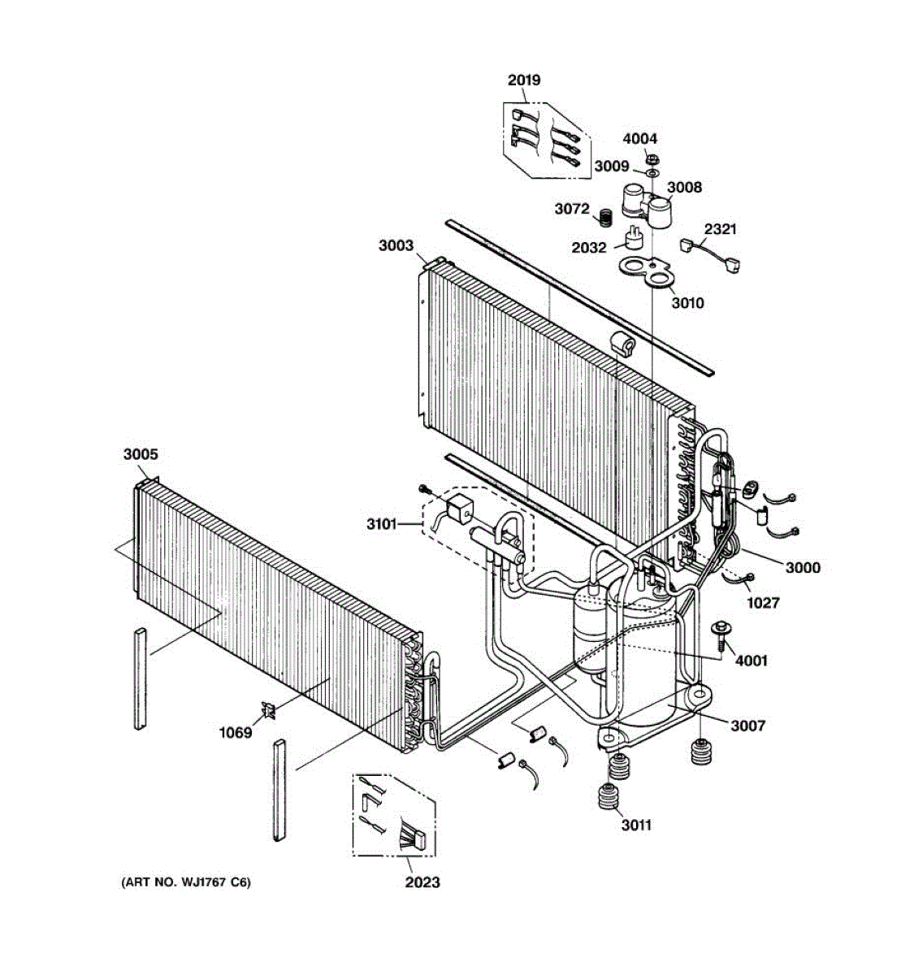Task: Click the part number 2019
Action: click(523, 80)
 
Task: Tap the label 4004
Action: click(640, 139)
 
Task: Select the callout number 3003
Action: click(396, 245)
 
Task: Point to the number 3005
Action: click(141, 455)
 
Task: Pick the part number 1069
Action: click(236, 732)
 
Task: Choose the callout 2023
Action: click(422, 882)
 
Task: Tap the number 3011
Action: click(636, 825)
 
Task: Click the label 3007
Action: click(747, 726)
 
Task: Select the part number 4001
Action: click(751, 661)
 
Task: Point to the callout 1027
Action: click(763, 602)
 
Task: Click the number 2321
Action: click(720, 229)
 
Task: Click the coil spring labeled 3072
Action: click(604, 218)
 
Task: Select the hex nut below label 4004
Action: click(652, 156)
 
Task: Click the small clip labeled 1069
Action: click(269, 711)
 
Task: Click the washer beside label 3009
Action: click(652, 171)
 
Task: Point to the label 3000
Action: click(802, 567)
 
